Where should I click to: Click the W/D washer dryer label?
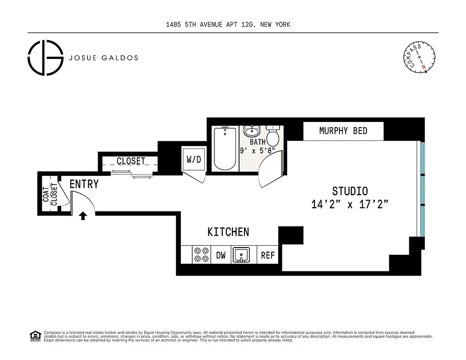tap(194, 160)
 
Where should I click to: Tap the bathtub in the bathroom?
tap(225, 148)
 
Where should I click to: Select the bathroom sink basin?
tap(252, 131)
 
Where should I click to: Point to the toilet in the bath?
tap(273, 134)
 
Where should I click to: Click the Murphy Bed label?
tap(343, 131)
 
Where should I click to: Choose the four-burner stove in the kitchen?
tap(201, 255)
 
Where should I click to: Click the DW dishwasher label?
tap(221, 256)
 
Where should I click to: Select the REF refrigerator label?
tap(268, 256)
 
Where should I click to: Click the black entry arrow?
tap(83, 216)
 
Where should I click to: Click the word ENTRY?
tap(84, 184)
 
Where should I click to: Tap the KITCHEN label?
tap(228, 232)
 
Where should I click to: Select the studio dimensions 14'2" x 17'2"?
tap(349, 204)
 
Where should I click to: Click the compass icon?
tap(418, 57)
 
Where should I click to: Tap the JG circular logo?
tap(45, 58)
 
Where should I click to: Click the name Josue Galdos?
tap(103, 58)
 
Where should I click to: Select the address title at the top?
tap(228, 25)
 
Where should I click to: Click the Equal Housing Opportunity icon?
tap(35, 335)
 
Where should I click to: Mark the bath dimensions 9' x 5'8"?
tap(257, 151)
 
